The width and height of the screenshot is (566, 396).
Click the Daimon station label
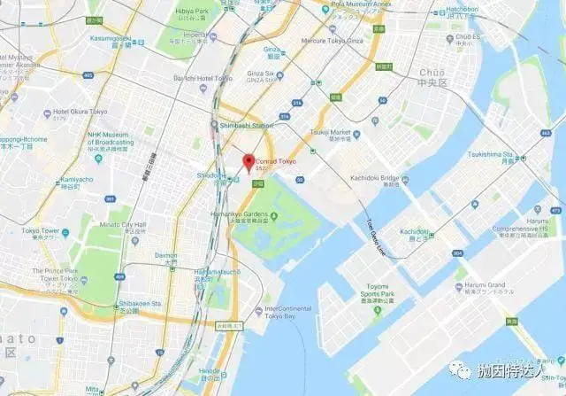click(166, 256)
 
